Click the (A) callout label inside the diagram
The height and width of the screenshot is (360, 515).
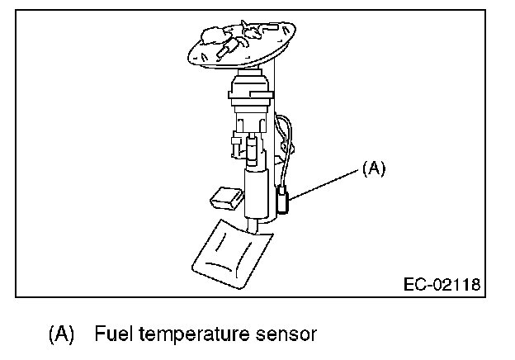click(373, 168)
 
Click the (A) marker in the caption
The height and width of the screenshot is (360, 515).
click(62, 334)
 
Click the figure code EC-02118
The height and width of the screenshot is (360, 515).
click(442, 284)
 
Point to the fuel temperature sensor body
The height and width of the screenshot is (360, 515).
click(283, 201)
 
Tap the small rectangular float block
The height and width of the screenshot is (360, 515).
click(225, 197)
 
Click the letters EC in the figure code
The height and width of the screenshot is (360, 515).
click(412, 284)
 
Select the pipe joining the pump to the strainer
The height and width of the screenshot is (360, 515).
click(255, 222)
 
